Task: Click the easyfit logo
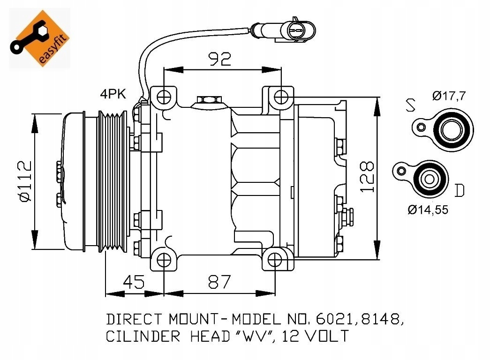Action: click(40, 38)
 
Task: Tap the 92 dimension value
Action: click(220, 59)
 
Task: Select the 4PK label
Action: click(113, 94)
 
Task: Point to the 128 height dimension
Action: click(367, 177)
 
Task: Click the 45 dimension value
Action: click(134, 282)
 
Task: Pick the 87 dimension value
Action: click(219, 282)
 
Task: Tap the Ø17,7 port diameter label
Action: click(449, 95)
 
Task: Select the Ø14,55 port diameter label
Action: click(428, 210)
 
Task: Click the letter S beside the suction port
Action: click(410, 105)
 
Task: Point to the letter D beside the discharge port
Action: click(459, 190)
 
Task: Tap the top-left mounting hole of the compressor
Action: click(164, 97)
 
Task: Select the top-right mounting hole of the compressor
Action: click(281, 97)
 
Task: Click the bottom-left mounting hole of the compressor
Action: click(164, 260)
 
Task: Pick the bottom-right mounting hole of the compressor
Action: click(275, 260)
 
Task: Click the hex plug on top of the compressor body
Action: click(209, 100)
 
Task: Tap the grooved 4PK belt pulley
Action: click(113, 181)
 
